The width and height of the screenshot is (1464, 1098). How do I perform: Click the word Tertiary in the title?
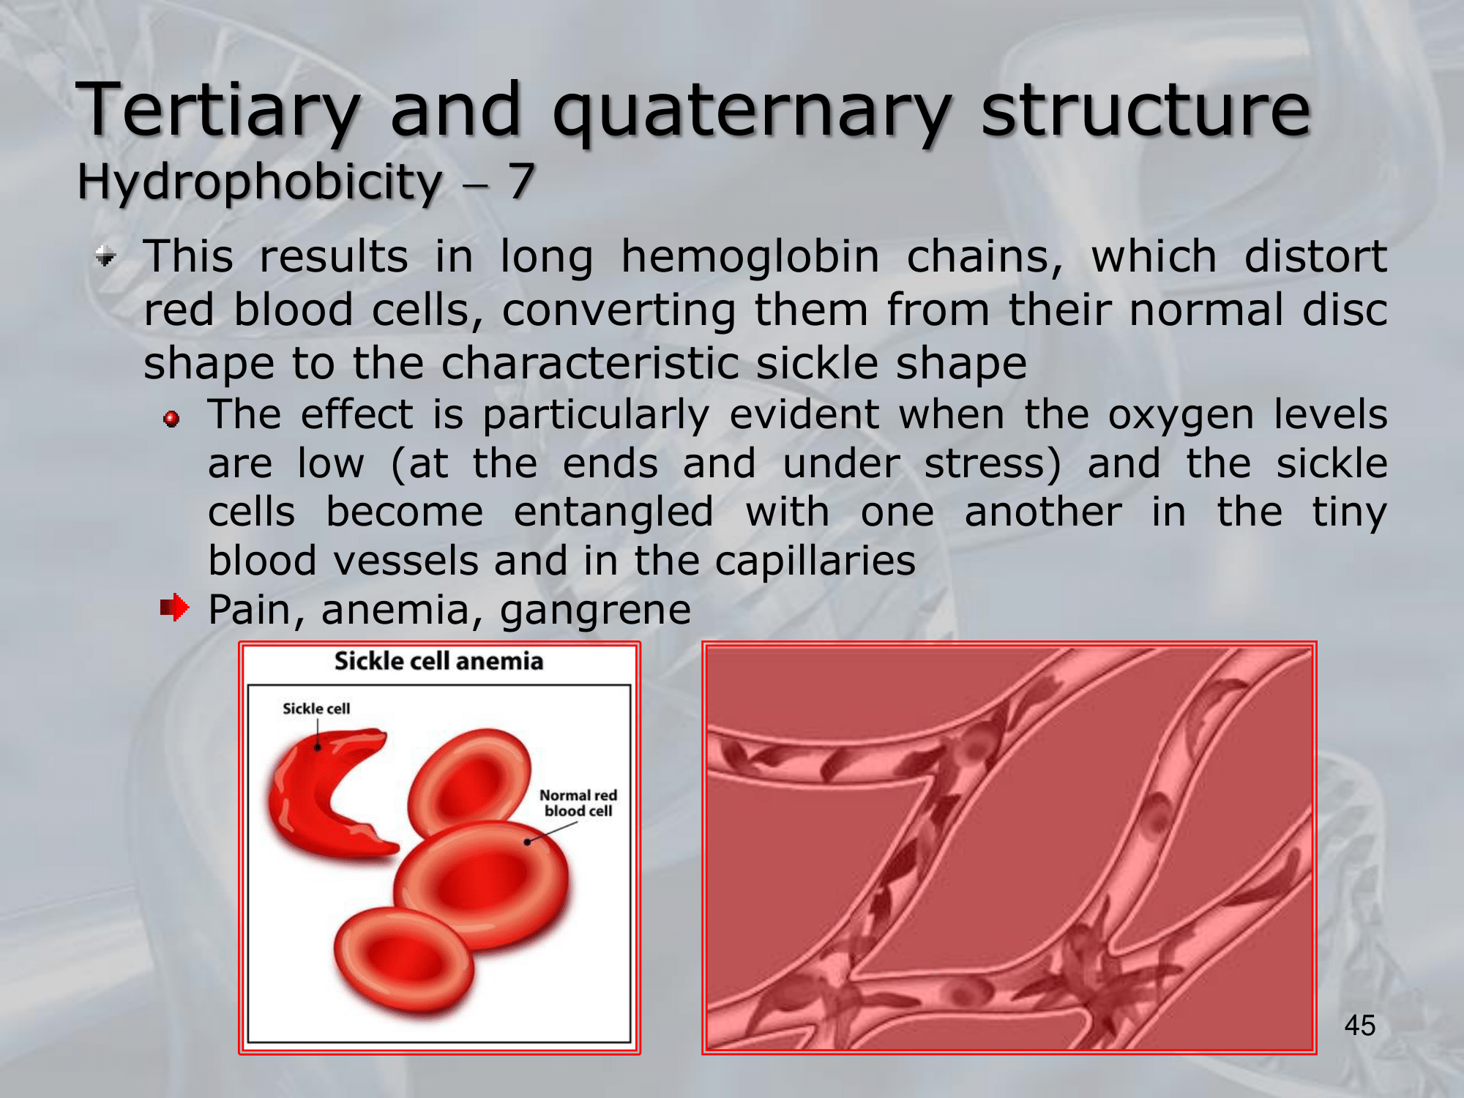[218, 111]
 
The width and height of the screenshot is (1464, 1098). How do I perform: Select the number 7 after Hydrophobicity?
[520, 181]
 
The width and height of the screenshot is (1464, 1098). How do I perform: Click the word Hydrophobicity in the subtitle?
[260, 182]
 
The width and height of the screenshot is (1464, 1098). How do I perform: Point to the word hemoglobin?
[750, 258]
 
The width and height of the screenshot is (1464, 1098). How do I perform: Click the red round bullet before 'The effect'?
[172, 419]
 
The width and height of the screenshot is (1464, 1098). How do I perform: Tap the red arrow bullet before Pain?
[175, 608]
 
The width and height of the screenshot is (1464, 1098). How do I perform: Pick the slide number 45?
[1360, 1026]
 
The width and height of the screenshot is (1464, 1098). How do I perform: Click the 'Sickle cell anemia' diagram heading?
[439, 661]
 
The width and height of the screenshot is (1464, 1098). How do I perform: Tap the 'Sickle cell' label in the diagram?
[316, 709]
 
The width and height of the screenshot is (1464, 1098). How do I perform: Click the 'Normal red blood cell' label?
[578, 803]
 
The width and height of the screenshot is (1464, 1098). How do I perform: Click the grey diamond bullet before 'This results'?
[106, 256]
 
